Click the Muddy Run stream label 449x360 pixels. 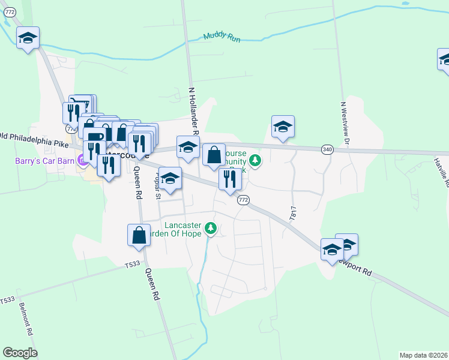point(221,37)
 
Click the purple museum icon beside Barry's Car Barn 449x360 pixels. point(81,160)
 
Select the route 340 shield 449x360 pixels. point(327,149)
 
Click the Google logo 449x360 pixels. point(20,353)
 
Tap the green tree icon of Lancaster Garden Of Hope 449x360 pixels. point(210,228)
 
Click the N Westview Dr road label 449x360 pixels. point(345,124)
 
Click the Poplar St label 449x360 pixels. point(158,187)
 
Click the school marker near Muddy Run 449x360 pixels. point(27,38)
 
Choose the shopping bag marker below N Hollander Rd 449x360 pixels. point(214,155)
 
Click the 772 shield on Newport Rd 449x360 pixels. point(243,200)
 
